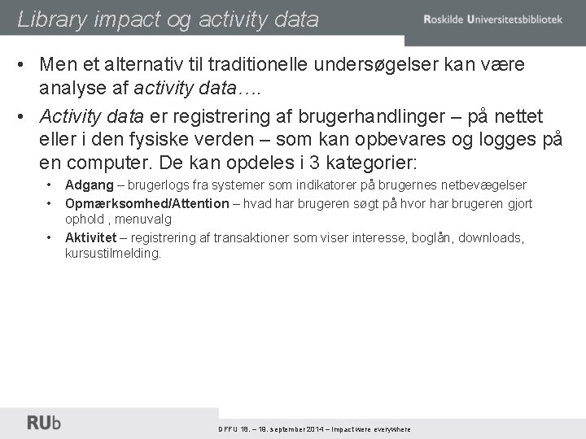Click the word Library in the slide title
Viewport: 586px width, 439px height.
(x=50, y=19)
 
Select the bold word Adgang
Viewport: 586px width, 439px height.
(x=90, y=185)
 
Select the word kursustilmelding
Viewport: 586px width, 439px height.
(x=113, y=254)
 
